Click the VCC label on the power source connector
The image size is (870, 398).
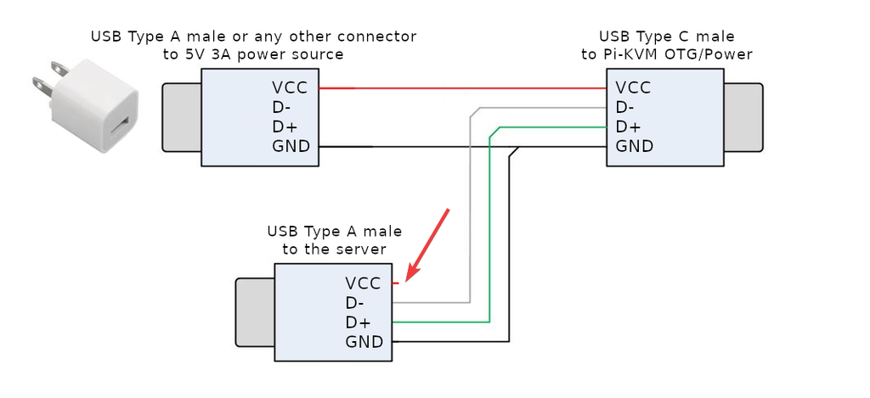coord(290,87)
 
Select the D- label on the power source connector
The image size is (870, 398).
coord(282,107)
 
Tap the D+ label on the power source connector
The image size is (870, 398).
coord(284,126)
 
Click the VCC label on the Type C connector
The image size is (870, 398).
coord(633,87)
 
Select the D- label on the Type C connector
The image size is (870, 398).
coord(625,107)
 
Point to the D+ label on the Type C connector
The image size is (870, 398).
coord(627,126)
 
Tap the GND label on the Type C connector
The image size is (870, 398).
coord(634,146)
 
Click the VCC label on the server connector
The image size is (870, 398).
coord(364,283)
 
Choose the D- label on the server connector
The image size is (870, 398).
coord(355,303)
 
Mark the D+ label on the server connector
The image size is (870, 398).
coord(358,322)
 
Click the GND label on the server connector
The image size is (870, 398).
coord(364,342)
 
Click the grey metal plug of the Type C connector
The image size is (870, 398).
coord(743,117)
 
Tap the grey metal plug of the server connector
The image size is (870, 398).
coord(254,312)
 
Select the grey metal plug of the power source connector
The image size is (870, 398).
coord(181,117)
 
